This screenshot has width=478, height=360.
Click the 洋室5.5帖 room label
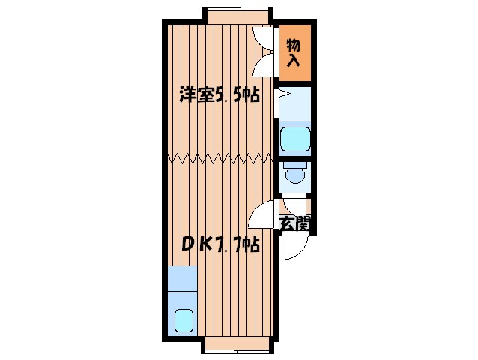(219, 95)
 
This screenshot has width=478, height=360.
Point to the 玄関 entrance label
(295, 223)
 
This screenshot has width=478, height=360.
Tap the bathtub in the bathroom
(294, 139)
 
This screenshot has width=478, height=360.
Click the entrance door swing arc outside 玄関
(293, 248)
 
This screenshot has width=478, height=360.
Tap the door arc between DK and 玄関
(264, 216)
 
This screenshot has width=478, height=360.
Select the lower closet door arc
(264, 65)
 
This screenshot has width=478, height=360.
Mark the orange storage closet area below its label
(294, 71)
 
